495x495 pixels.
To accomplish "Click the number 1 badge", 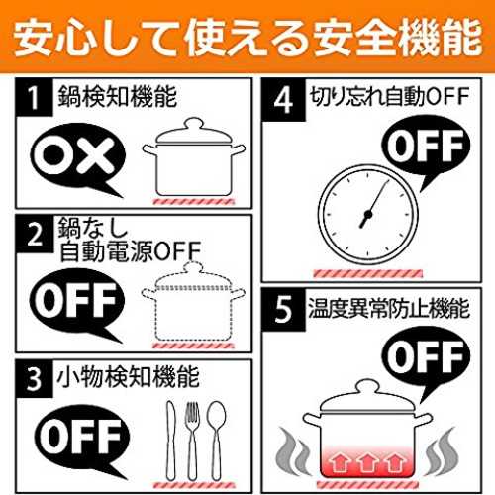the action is [34, 97].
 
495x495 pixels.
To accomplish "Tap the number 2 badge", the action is [35, 234].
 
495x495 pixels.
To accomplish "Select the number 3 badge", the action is [34, 379].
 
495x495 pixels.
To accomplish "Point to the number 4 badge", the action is [283, 100].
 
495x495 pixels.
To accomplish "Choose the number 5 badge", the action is [283, 310].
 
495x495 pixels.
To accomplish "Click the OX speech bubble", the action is [77, 158].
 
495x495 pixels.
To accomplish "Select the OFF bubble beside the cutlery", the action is [81, 438].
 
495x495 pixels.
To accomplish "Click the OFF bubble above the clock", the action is [426, 147].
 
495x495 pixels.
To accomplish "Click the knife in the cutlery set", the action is [170, 441].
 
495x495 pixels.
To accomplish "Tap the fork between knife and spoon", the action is [192, 441].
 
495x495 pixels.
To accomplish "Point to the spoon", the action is [216, 441].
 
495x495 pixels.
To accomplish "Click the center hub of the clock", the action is [368, 215].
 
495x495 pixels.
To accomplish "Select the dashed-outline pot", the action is [193, 302].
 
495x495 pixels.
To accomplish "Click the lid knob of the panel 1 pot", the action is [193, 124].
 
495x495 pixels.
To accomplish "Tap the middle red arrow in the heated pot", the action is [366, 462].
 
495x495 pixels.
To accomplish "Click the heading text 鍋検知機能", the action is [118, 97].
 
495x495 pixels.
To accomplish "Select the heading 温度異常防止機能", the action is [388, 308].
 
